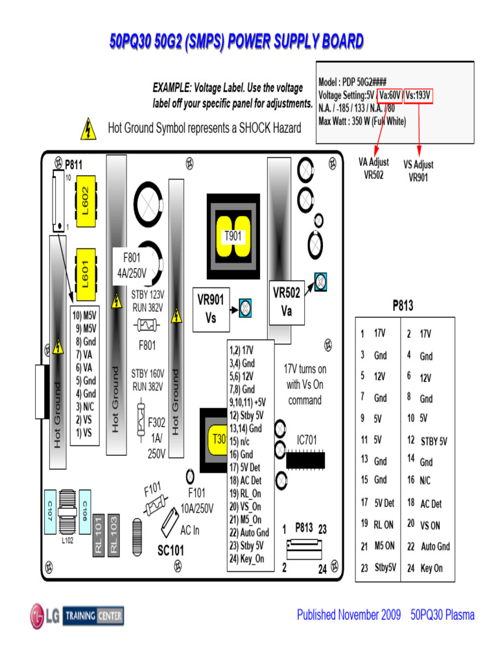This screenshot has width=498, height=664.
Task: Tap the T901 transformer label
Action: coord(233,237)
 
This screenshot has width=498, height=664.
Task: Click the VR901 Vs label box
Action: coord(211,309)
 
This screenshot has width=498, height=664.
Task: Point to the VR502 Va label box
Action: coord(287,302)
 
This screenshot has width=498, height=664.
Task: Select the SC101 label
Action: coord(171,551)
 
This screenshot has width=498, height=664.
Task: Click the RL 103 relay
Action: coord(114,535)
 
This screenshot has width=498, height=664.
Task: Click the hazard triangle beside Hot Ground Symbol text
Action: coord(87,129)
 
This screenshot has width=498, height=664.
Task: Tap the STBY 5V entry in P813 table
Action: coord(433,442)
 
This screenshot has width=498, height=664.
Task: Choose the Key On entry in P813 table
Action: coord(431,568)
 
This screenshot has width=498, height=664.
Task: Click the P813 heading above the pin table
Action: coord(403,305)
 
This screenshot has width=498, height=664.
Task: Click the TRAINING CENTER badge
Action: coord(93,615)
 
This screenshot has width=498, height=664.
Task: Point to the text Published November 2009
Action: coord(348,615)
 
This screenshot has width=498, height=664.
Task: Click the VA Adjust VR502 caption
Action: coord(374,169)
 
